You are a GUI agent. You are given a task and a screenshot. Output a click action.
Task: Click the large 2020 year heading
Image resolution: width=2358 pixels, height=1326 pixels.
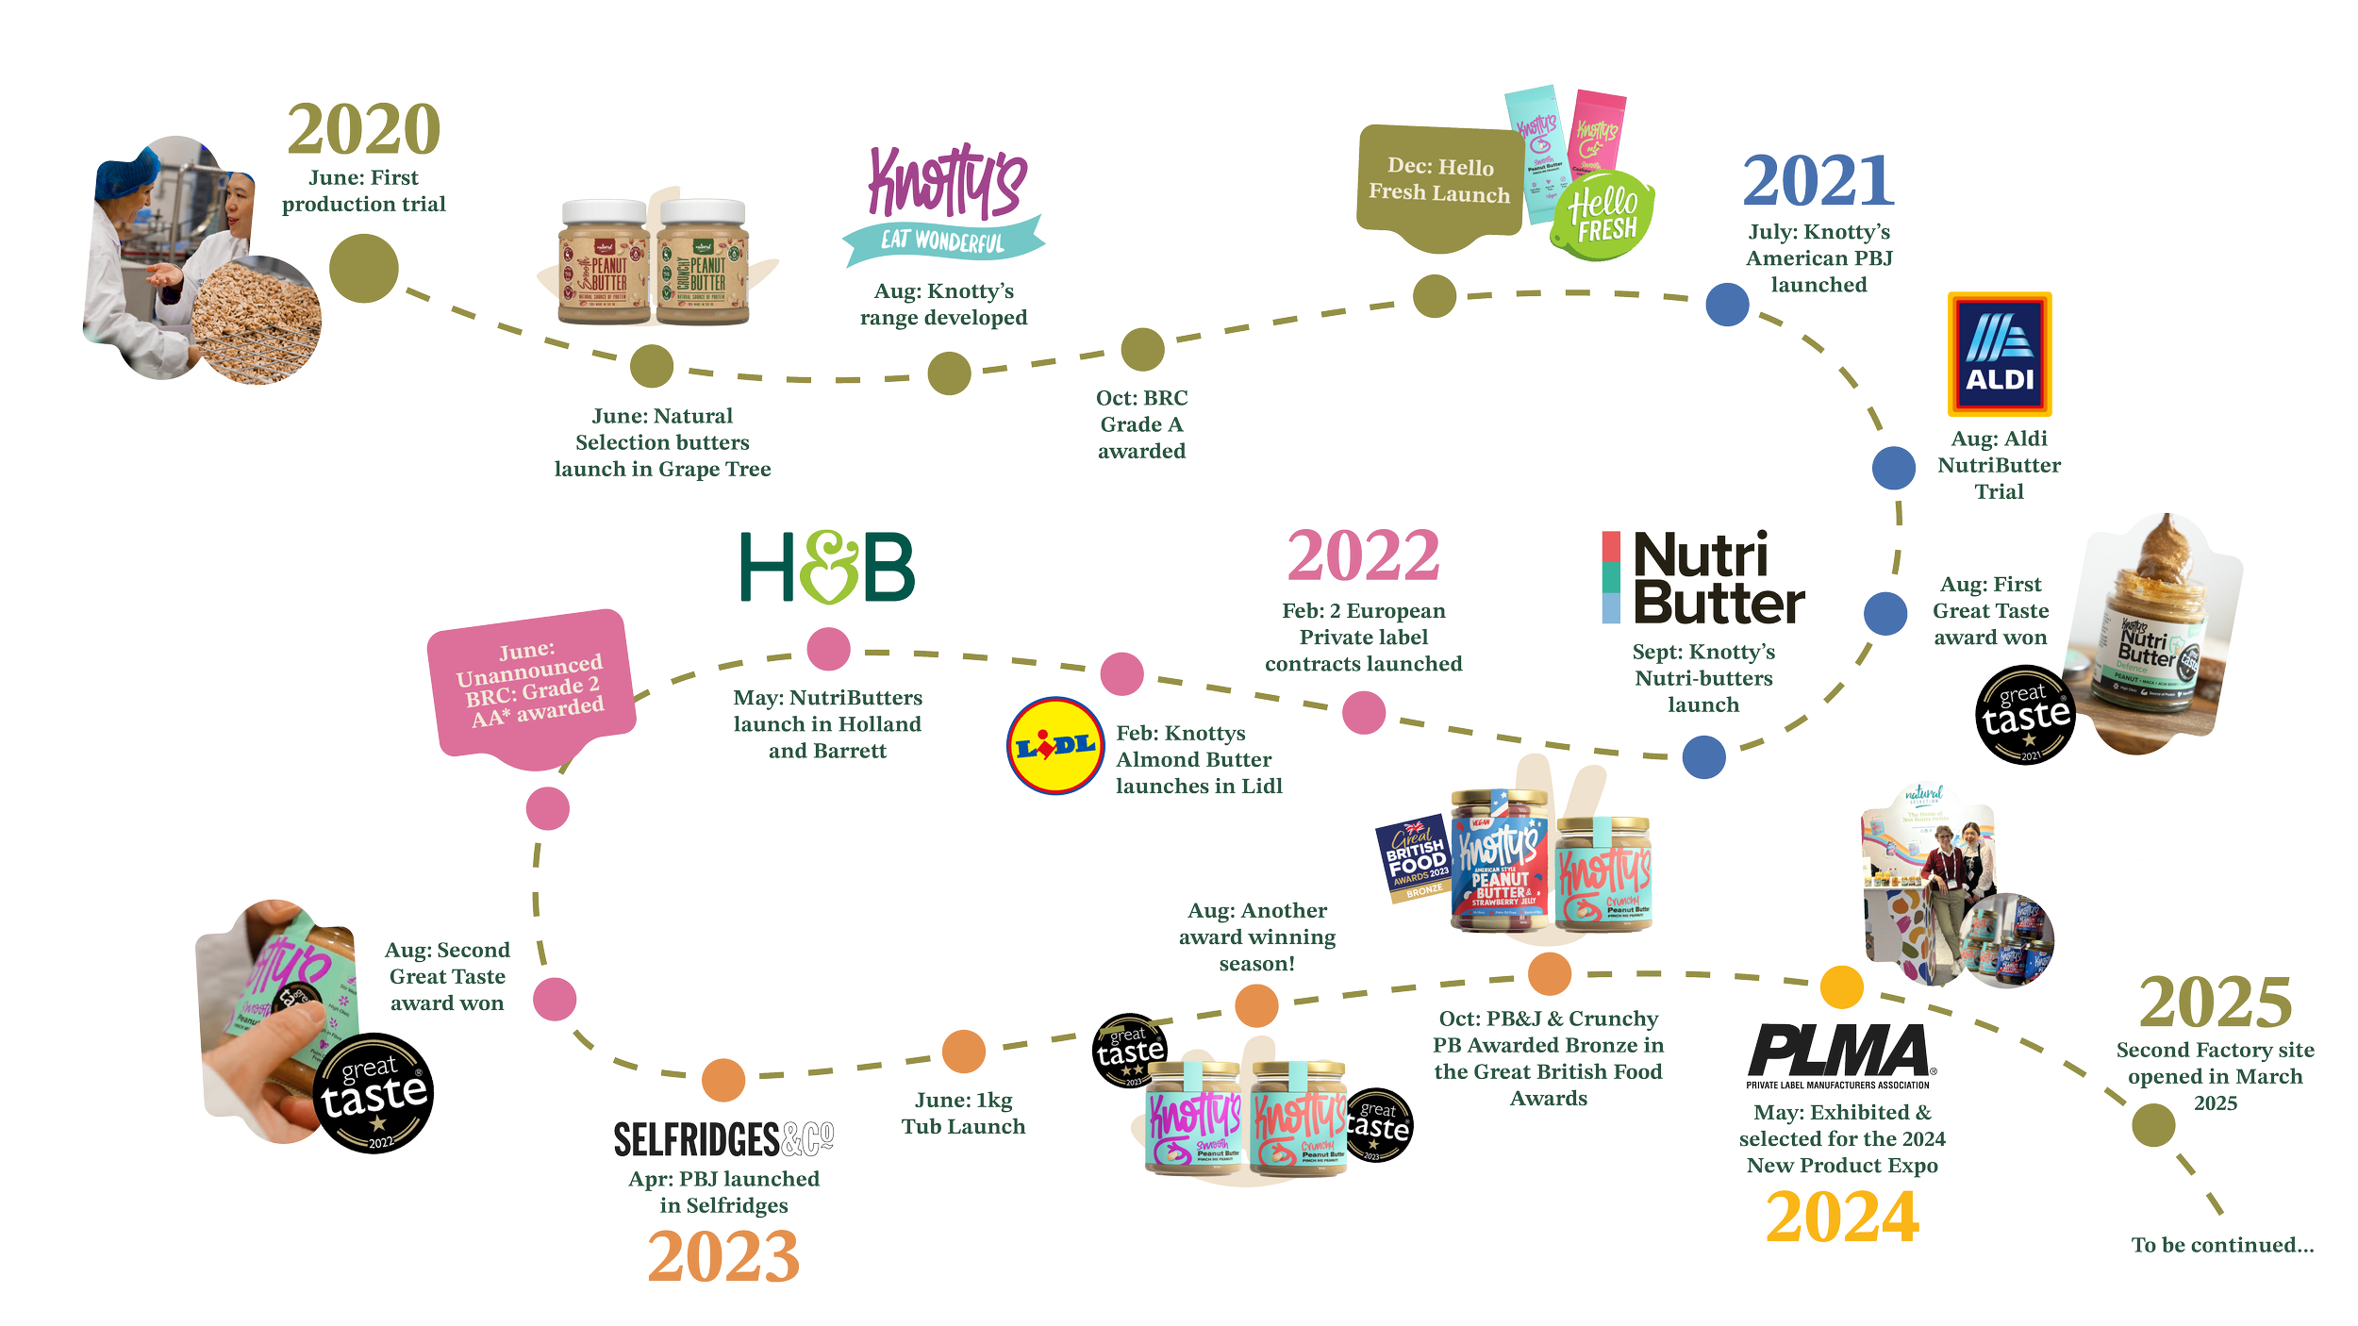point(364,131)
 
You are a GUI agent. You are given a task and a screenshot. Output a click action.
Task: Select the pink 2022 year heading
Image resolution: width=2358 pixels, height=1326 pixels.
point(1363,558)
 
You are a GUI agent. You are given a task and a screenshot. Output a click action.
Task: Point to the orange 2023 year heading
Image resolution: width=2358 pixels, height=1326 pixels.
point(723,1258)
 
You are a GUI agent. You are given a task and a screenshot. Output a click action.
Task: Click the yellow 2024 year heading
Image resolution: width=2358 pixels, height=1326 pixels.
point(1841,1218)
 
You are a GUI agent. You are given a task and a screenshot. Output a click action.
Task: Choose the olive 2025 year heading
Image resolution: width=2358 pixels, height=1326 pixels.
point(2216,1003)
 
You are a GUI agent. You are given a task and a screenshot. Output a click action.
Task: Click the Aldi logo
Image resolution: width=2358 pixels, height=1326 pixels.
point(2000,354)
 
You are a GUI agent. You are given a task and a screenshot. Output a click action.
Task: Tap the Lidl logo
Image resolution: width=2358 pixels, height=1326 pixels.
point(1054,746)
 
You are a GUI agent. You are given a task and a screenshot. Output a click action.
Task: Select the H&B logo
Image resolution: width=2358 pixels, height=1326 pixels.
point(827,566)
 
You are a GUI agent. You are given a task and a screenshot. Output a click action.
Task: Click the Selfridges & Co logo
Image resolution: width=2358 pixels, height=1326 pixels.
point(723,1139)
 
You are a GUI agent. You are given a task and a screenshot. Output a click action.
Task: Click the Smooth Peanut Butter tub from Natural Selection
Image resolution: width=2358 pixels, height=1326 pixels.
point(604,262)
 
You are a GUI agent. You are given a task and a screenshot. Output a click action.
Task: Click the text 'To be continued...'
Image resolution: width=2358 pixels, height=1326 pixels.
point(2222,1245)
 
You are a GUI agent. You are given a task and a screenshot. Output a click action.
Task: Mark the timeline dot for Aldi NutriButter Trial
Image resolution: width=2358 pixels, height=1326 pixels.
point(1893,468)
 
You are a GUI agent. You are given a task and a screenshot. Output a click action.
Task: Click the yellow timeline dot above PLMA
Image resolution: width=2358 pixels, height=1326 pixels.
point(1841,986)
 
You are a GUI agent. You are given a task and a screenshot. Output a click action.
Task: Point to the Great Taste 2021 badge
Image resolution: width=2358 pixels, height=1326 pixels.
point(2024,715)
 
